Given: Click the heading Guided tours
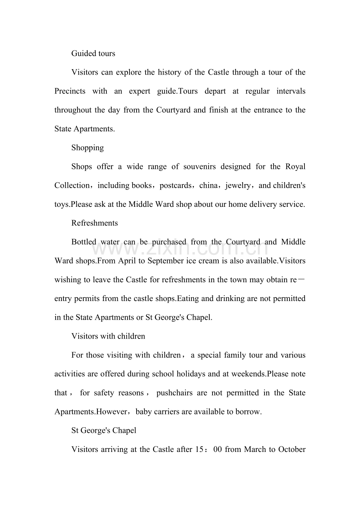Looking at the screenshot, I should [x=93, y=54].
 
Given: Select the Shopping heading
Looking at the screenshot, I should [x=88, y=148].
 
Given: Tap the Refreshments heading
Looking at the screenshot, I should [x=95, y=223].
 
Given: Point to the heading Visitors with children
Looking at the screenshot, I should [x=108, y=336].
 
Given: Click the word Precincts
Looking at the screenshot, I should [x=70, y=91].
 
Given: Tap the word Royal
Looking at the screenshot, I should [x=295, y=167].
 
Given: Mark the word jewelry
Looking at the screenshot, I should [x=238, y=185].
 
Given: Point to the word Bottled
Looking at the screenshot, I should [x=84, y=242].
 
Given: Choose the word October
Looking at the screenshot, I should [x=292, y=450].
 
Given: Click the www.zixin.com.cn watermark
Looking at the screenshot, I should [x=180, y=247].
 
